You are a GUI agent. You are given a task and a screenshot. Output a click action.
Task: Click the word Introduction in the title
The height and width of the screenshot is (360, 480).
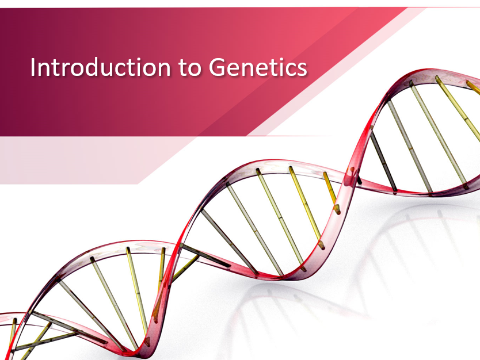pyautogui.click(x=100, y=67)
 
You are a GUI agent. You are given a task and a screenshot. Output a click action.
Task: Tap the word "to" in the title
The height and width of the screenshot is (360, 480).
pyautogui.click(x=190, y=68)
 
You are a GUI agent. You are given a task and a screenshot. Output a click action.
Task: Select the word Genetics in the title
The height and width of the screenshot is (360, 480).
pyautogui.click(x=258, y=67)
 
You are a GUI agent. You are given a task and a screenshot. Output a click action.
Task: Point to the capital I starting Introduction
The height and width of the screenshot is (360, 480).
pyautogui.click(x=32, y=67)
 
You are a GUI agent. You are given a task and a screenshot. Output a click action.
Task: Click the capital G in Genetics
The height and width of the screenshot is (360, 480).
pyautogui.click(x=217, y=67)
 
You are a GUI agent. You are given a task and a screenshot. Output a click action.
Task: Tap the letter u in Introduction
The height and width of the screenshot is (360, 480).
pyautogui.click(x=111, y=69)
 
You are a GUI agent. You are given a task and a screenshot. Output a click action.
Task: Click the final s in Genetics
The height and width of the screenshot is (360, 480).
pyautogui.click(x=301, y=69)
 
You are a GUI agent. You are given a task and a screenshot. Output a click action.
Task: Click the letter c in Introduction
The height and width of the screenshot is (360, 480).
pyautogui.click(x=125, y=69)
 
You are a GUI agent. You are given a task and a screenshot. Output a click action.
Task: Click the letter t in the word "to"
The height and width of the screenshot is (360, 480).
pyautogui.click(x=183, y=68)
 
